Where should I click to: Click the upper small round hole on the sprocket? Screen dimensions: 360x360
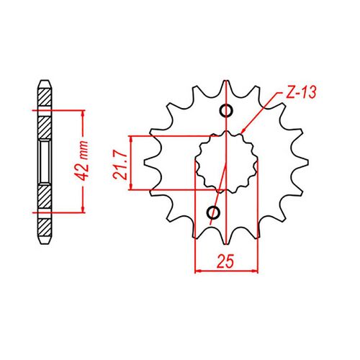[x=226, y=110]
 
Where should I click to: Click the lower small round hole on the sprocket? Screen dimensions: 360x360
[x=213, y=212]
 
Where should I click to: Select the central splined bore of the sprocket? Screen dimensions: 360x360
[x=226, y=162]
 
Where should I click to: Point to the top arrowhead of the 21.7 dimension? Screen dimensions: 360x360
[x=131, y=138]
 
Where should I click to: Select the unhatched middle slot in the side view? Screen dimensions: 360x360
[x=43, y=161]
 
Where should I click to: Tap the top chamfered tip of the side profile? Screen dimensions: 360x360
[x=43, y=81]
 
